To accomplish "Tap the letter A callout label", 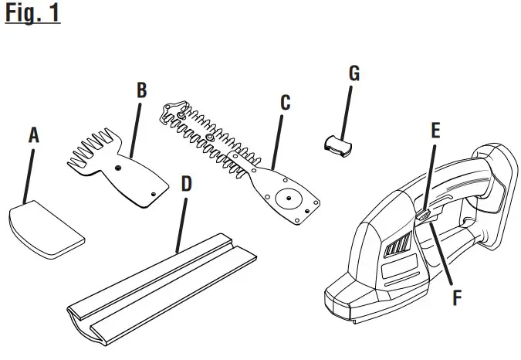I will (x=33, y=136).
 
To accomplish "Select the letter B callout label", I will (x=141, y=90).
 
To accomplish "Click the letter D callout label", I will (x=185, y=184).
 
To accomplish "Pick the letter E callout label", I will (x=435, y=131).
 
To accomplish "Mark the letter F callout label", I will (x=457, y=297).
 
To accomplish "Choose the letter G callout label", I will (x=354, y=73).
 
